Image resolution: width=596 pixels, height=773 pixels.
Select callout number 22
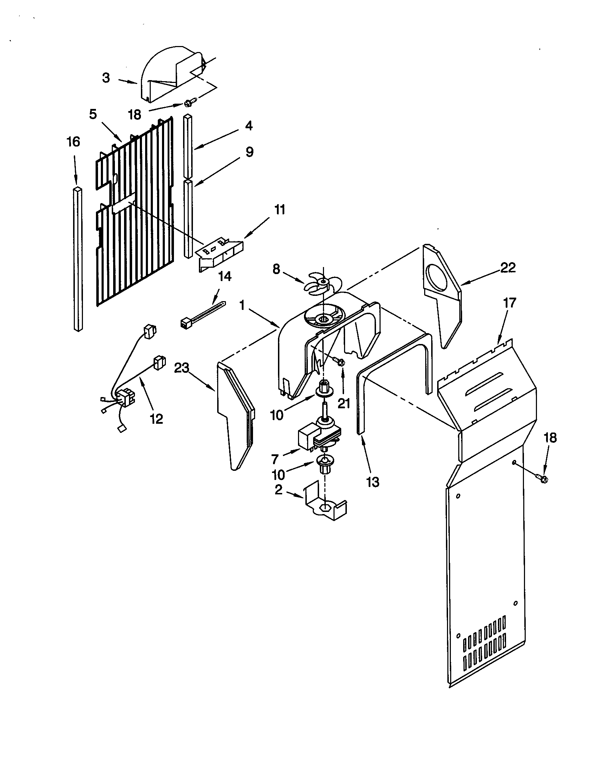(508, 268)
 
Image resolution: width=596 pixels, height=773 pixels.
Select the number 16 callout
(73, 142)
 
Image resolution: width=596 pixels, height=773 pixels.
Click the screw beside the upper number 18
(187, 103)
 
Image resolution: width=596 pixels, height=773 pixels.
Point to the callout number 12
(156, 419)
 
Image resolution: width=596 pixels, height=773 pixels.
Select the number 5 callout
(93, 114)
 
